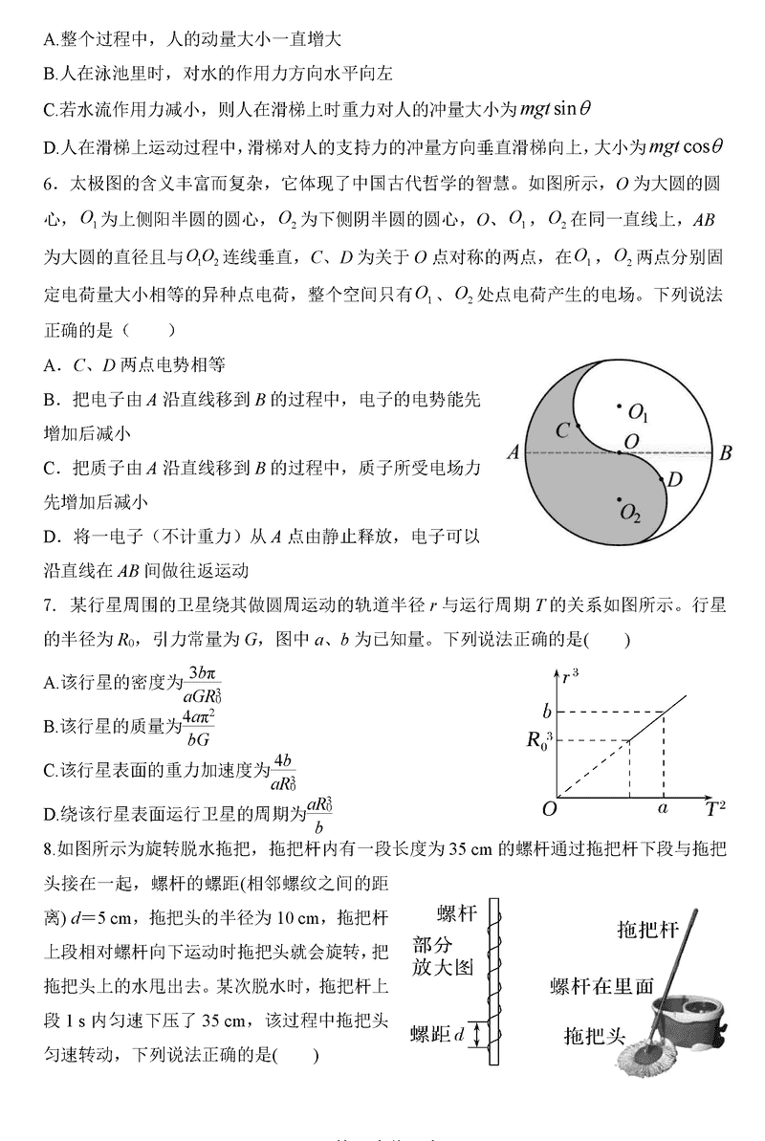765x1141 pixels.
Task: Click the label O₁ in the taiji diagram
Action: [x=639, y=413]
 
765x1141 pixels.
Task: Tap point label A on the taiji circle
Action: [x=513, y=453]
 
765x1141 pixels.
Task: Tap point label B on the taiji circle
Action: [x=726, y=453]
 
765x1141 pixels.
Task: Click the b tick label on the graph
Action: [x=547, y=712]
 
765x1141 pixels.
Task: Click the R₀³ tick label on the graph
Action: [x=540, y=739]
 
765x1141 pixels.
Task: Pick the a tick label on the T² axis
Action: [x=663, y=809]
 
